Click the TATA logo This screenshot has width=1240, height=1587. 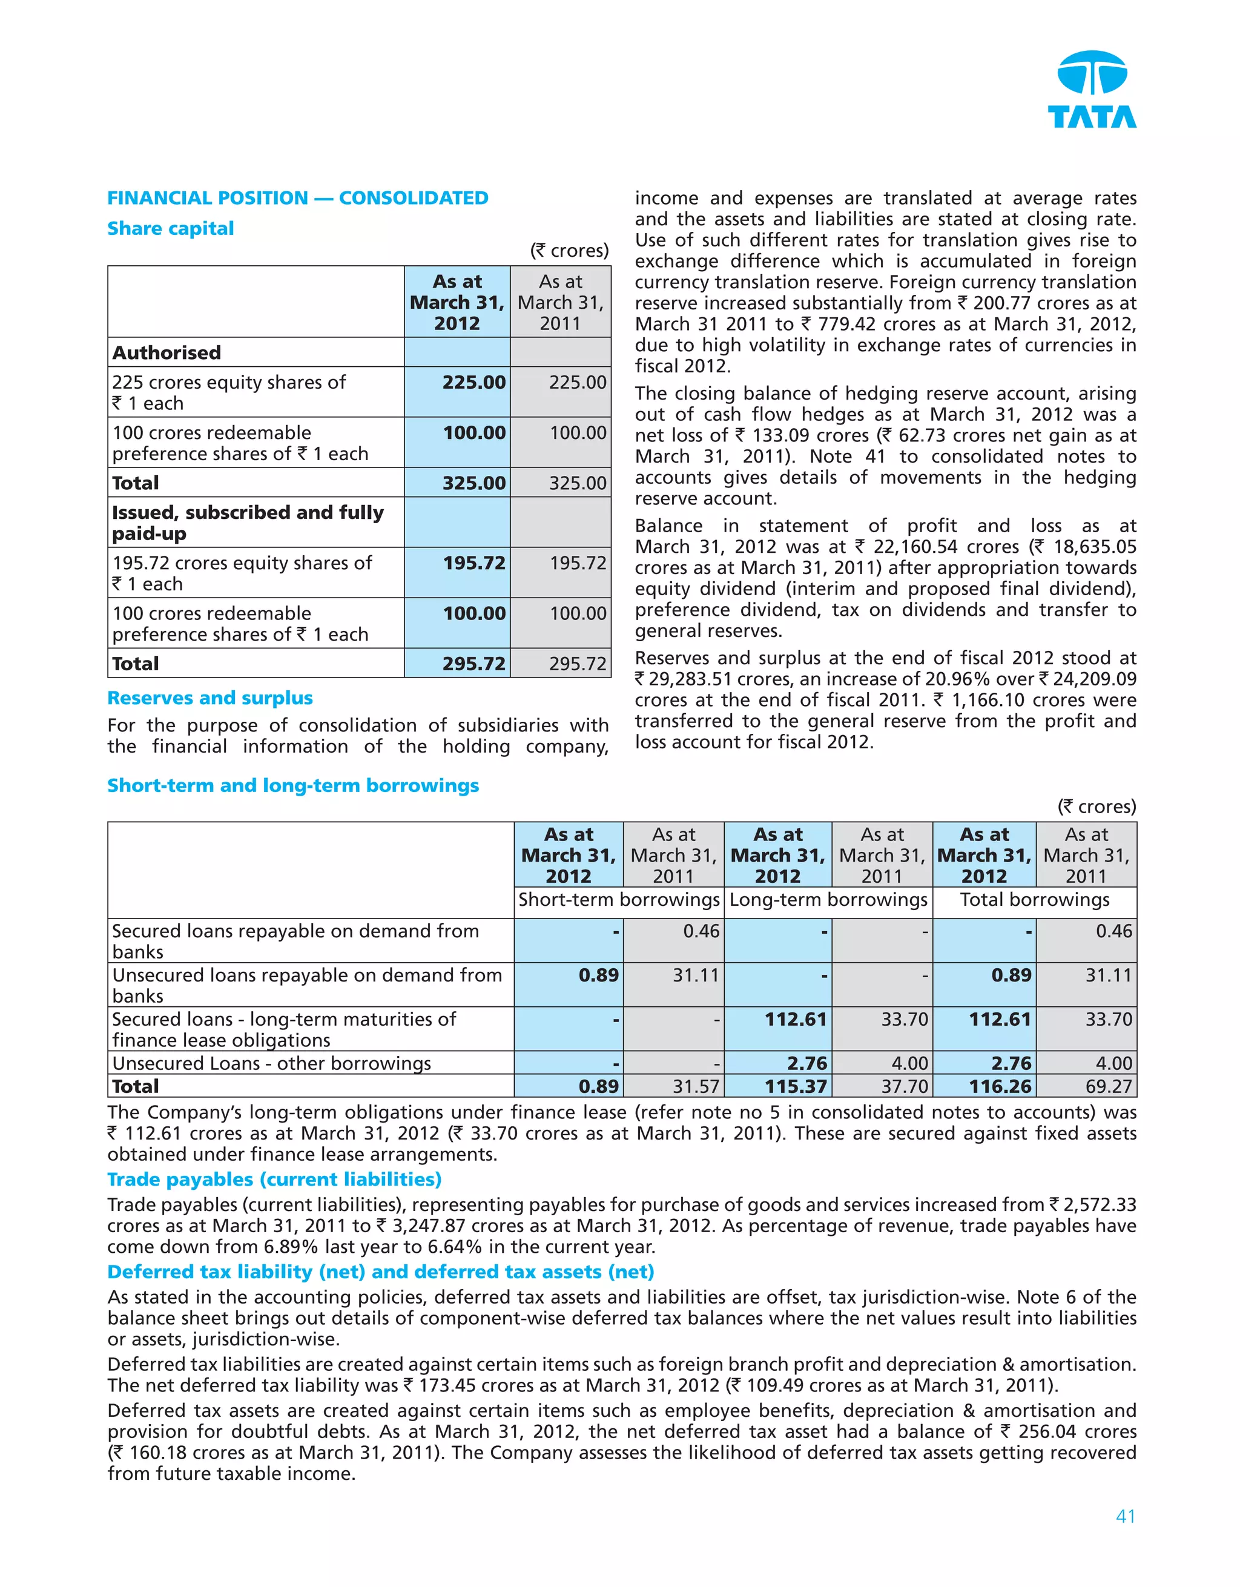[1092, 90]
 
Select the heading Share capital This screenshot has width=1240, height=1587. [170, 228]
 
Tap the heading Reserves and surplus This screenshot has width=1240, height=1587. [210, 698]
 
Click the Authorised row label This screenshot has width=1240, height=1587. [167, 352]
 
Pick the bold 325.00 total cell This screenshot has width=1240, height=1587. [473, 483]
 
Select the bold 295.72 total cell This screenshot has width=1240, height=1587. [473, 664]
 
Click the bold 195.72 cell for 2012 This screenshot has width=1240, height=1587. [473, 563]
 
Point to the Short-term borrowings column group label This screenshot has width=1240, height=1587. [618, 900]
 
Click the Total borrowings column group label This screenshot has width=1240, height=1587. [1034, 900]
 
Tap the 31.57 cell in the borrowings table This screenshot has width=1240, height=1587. [695, 1086]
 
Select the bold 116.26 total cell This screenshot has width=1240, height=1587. [1000, 1086]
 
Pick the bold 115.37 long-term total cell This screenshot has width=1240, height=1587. [795, 1086]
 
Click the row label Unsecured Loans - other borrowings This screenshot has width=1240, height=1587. [271, 1063]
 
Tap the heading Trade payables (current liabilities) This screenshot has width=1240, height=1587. [274, 1179]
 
